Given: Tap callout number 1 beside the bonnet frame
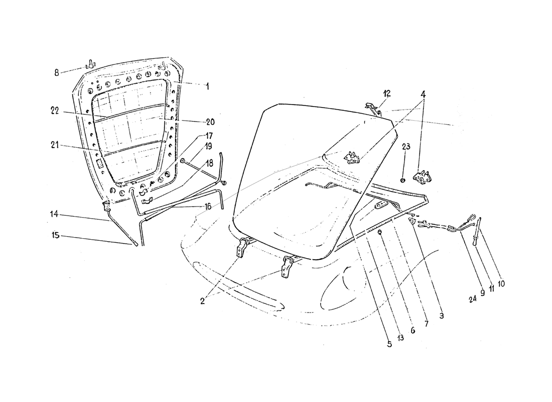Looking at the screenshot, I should point(207,86).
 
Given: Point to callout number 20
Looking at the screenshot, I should point(196,122).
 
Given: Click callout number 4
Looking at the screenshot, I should point(423,93).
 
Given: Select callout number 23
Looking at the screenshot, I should point(405,147).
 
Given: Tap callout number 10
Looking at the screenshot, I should point(501,283).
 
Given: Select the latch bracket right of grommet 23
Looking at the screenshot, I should point(421,175).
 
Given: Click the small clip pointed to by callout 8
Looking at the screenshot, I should point(90,64).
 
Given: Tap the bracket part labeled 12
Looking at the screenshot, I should point(371,107).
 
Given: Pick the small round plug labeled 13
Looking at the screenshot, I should point(380,232).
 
